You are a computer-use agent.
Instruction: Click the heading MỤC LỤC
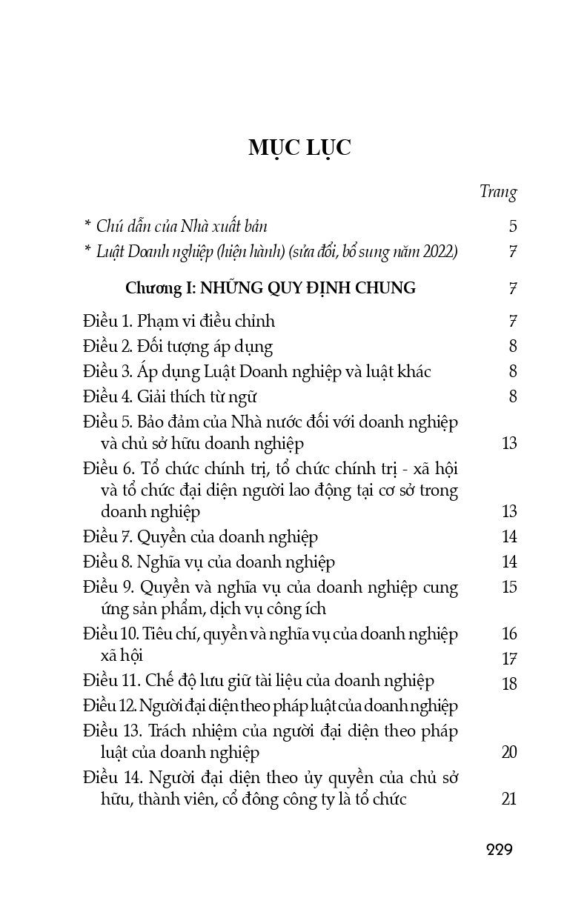pos(299,148)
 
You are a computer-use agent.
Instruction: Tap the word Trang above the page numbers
pos(498,192)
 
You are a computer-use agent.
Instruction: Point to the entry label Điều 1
pos(107,322)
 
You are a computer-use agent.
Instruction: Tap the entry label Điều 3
pos(107,372)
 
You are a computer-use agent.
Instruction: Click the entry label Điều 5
pos(107,422)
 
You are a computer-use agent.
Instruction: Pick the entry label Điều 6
pos(107,470)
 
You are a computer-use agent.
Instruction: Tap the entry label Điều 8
pos(107,562)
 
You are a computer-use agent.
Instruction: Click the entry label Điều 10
pos(110,634)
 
